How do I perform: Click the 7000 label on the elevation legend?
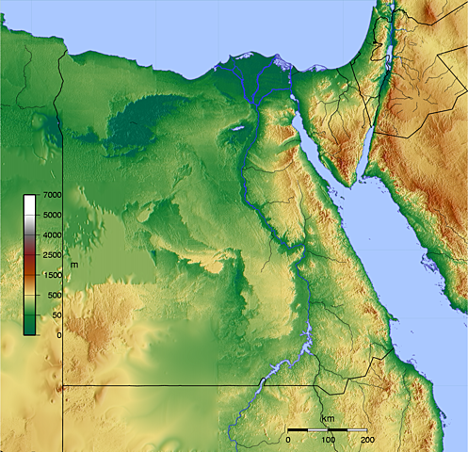(x=52, y=195)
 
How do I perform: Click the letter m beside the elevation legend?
(x=73, y=265)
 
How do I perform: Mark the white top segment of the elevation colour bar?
(x=30, y=202)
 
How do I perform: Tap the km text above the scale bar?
(x=327, y=418)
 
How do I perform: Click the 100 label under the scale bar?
(x=328, y=440)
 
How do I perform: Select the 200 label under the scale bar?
(x=367, y=440)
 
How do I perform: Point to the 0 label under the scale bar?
(x=288, y=440)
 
